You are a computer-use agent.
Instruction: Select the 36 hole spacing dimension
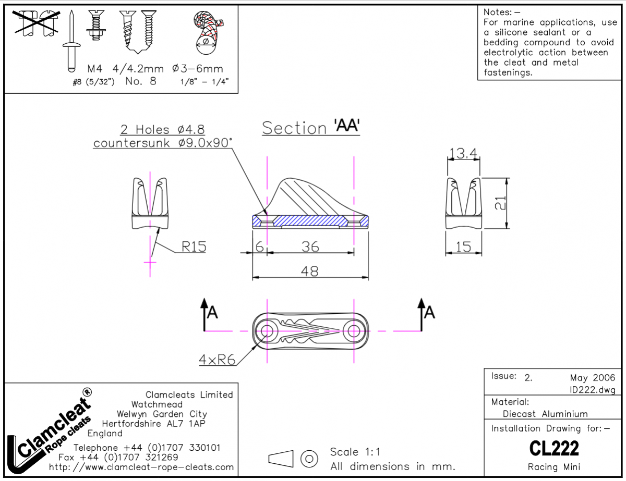click(x=310, y=246)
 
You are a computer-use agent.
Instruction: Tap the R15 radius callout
click(x=194, y=246)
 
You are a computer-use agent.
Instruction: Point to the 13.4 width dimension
click(x=463, y=153)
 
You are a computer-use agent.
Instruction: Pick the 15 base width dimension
click(x=463, y=246)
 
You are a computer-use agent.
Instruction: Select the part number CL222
click(x=553, y=448)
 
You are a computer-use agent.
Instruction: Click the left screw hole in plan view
click(x=267, y=330)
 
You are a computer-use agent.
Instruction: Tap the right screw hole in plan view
click(x=354, y=330)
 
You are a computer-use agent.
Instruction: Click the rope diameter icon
click(x=208, y=34)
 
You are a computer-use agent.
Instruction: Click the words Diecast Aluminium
click(x=545, y=414)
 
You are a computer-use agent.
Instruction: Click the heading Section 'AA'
click(x=311, y=128)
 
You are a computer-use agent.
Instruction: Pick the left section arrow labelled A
click(x=206, y=312)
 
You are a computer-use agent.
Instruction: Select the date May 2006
click(x=592, y=377)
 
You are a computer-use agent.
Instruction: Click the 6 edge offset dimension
click(x=259, y=246)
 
